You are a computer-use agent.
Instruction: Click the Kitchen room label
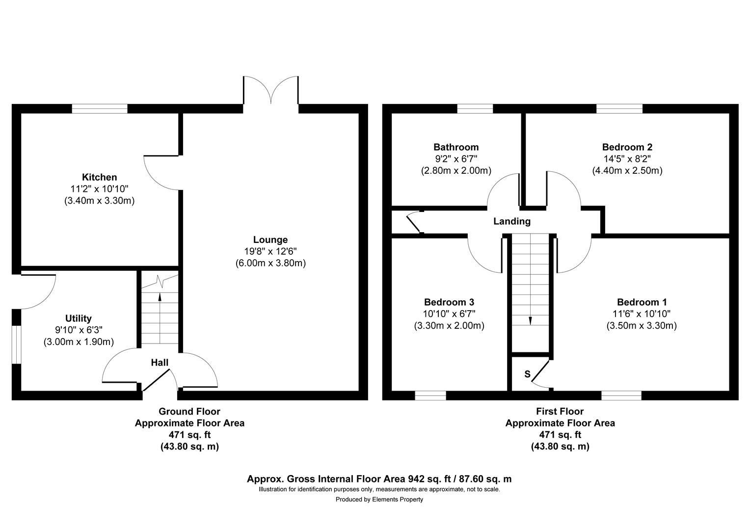(x=99, y=177)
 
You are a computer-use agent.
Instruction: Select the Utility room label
(x=79, y=318)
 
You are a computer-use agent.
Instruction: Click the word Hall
(x=160, y=363)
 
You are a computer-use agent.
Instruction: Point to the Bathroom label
(x=456, y=147)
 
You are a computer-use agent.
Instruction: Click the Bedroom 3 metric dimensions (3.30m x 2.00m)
(x=449, y=326)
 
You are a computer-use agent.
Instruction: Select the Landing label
(x=511, y=221)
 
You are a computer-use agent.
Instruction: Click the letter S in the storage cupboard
(x=527, y=374)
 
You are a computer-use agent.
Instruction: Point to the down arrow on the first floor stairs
(x=530, y=320)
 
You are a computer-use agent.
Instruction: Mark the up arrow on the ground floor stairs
(x=160, y=296)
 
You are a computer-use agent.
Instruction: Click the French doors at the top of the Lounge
(x=270, y=90)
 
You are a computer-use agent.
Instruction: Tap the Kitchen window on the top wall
(x=100, y=109)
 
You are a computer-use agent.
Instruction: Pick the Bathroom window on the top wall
(x=475, y=109)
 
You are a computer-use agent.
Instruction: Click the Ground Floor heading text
(x=189, y=412)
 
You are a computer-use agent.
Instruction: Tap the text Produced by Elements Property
(x=379, y=500)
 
